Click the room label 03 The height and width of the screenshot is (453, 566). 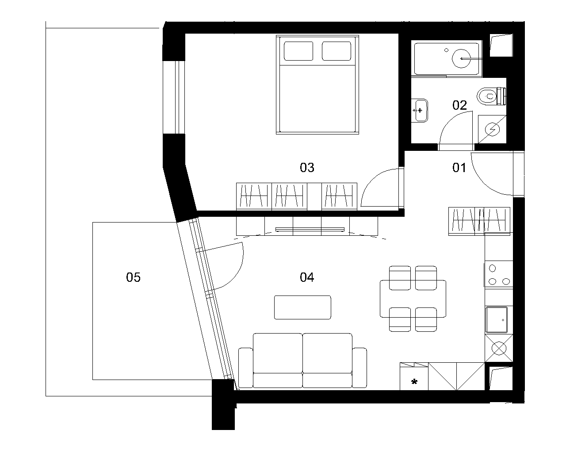[x=307, y=167]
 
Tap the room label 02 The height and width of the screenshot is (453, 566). [x=459, y=105]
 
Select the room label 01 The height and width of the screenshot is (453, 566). [x=459, y=167]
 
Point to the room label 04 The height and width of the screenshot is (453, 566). [x=307, y=277]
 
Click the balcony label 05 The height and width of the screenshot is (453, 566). [x=134, y=277]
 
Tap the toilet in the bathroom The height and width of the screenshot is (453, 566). [x=491, y=96]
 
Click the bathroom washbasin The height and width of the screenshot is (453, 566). [x=420, y=111]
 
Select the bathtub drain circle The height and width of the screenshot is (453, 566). [x=446, y=50]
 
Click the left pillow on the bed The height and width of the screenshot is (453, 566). [x=298, y=51]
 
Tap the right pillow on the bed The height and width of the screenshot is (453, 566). [x=337, y=51]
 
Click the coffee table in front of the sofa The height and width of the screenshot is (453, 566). [x=302, y=307]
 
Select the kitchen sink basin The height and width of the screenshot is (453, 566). [x=497, y=320]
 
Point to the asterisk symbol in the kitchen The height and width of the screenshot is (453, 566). [x=414, y=382]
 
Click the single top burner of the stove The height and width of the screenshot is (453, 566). [x=492, y=269]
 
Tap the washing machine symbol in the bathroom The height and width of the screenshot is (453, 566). [x=492, y=129]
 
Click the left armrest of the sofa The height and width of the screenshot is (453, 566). [x=246, y=368]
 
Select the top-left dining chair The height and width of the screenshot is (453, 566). [x=400, y=278]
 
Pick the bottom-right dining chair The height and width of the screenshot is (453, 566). [x=426, y=319]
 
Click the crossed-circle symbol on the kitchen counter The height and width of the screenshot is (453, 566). [x=499, y=348]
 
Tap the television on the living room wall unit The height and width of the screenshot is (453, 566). [x=310, y=230]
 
